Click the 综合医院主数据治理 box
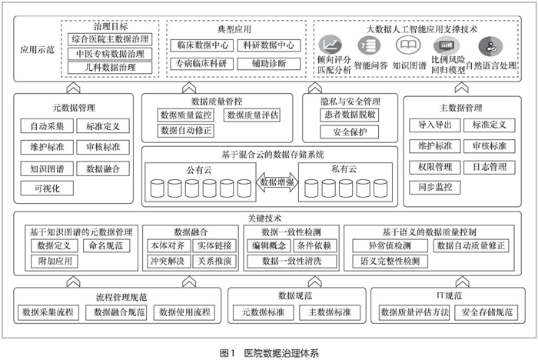coord(110,39)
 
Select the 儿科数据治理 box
coord(110,68)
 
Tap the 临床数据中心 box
coord(202,45)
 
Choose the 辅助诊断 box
coord(269,64)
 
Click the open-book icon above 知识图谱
coord(408,45)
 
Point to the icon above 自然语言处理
coord(490,46)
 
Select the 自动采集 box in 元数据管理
coord(47,126)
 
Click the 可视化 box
coord(47,188)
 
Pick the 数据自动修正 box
coord(186,131)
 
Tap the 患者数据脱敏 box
coord(349,115)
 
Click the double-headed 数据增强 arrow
coord(277,182)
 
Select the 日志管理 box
coord(490,167)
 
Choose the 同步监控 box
coord(435,187)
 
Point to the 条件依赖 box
coord(314,245)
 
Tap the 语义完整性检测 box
coord(390,262)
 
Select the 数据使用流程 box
coord(184,312)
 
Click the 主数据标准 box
coord(330,312)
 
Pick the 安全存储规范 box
coord(487,312)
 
